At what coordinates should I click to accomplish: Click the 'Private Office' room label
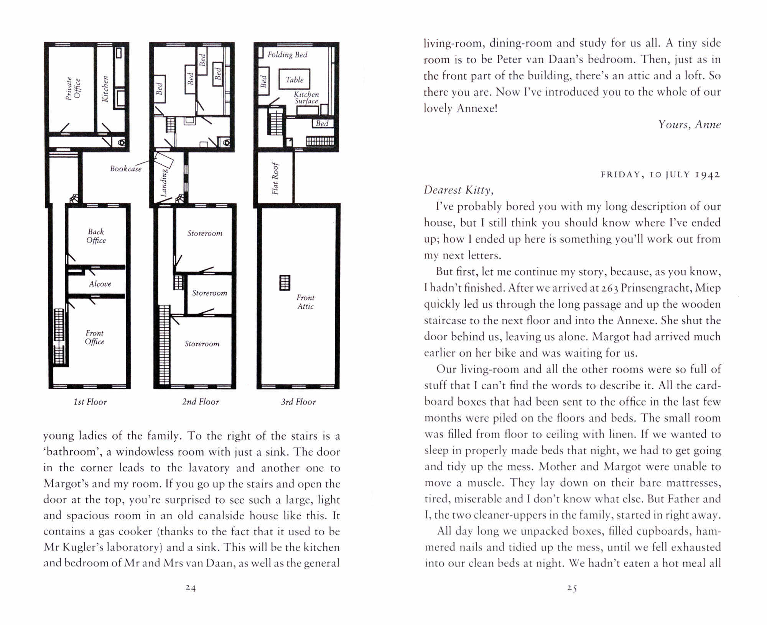pos(73,89)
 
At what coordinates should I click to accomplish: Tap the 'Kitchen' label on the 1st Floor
pos(105,89)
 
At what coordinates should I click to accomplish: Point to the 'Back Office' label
pos(96,236)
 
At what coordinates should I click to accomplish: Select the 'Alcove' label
pos(100,284)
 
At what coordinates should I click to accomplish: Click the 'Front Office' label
pos(95,338)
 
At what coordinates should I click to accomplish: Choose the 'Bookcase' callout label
pos(126,169)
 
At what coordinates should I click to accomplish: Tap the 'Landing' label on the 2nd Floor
pos(164,183)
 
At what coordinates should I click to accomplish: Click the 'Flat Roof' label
pos(275,179)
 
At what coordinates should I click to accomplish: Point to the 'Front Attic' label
pos(305,302)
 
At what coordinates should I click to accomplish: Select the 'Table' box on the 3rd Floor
pos(294,80)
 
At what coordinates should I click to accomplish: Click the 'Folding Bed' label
pos(287,55)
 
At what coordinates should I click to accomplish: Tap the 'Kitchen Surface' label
pos(306,98)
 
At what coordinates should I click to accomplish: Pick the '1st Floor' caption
pos(90,402)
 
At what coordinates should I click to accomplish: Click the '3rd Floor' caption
pos(298,402)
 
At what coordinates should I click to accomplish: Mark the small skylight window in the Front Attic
pos(285,283)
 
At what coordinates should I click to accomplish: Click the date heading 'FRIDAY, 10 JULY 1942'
pos(660,175)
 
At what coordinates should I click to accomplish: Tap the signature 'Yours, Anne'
pos(689,125)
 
